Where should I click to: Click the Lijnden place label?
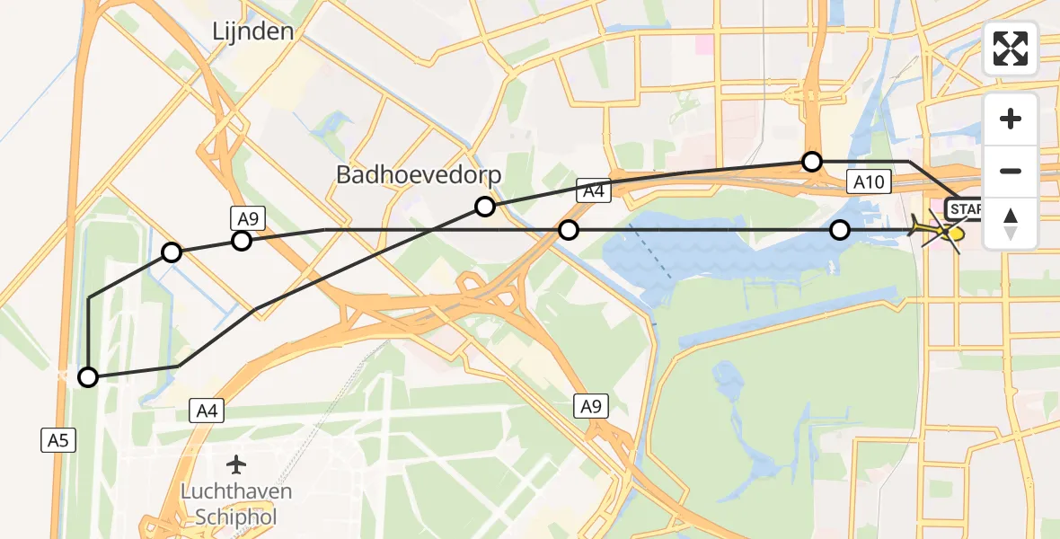click(x=252, y=31)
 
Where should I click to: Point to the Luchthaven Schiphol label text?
click(x=236, y=505)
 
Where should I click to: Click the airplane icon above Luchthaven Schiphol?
click(x=236, y=464)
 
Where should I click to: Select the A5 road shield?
click(x=57, y=439)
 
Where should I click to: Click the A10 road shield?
click(x=870, y=182)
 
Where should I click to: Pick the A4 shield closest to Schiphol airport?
click(x=207, y=411)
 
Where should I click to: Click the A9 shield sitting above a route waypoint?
click(x=246, y=216)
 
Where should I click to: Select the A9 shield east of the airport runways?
click(x=590, y=406)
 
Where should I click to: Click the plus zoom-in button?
click(x=1011, y=119)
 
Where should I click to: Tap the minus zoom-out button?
click(x=1011, y=171)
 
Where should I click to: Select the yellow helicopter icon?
click(x=951, y=233)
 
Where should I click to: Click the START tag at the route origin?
click(x=968, y=210)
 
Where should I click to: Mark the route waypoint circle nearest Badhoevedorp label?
click(x=485, y=207)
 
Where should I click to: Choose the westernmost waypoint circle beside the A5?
click(x=88, y=377)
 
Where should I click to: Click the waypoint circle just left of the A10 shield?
click(x=812, y=162)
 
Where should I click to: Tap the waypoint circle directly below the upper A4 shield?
click(x=569, y=230)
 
